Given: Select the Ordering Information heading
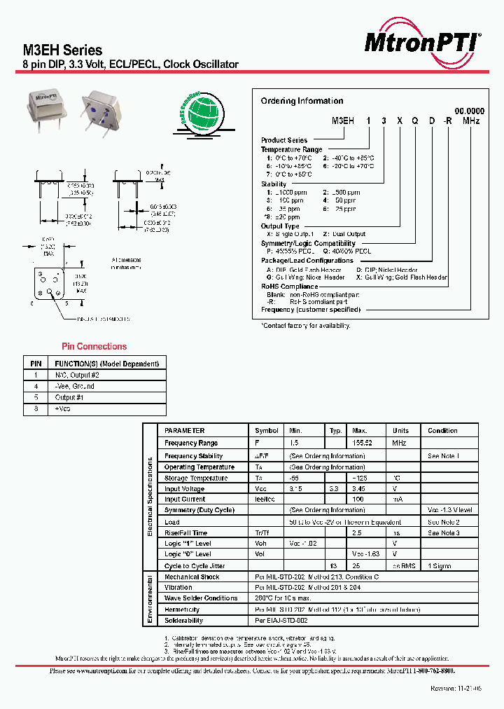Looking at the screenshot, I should pyautogui.click(x=302, y=101).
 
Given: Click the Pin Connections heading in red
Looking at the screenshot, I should pyautogui.click(x=94, y=346).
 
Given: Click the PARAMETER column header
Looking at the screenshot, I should pyautogui.click(x=185, y=431).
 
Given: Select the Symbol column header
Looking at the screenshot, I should pyautogui.click(x=266, y=431).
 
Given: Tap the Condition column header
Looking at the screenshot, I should pyautogui.click(x=442, y=431).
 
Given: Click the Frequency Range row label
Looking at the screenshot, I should pyautogui.click(x=191, y=443).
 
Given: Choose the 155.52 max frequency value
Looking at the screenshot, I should pyautogui.click(x=363, y=443).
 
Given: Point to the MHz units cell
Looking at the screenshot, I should pyautogui.click(x=400, y=443).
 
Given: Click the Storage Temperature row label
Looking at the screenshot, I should pyautogui.click(x=196, y=478).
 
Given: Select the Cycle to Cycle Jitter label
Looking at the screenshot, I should pyautogui.click(x=196, y=565).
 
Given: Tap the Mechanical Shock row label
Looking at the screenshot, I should pyautogui.click(x=192, y=577).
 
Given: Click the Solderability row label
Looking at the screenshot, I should pyautogui.click(x=183, y=620).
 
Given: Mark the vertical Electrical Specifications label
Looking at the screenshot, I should pyautogui.click(x=150, y=497).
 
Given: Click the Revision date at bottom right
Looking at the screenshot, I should pyautogui.click(x=455, y=689).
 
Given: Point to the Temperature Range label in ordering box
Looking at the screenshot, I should pyautogui.click(x=292, y=149).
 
